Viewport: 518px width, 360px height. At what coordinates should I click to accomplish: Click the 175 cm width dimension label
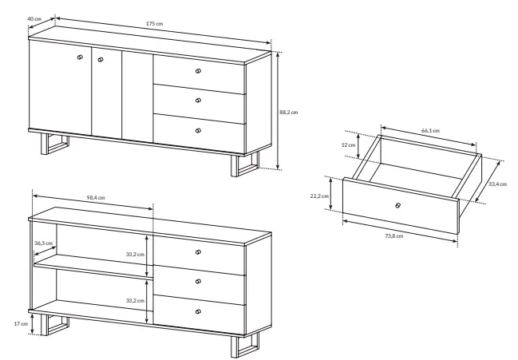154,24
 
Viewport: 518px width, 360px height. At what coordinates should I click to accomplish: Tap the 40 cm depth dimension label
34,19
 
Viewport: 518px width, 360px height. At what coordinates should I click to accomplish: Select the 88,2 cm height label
288,113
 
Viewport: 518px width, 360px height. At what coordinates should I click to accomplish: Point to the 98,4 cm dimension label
96,198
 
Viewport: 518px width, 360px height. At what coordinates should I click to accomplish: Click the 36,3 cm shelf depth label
44,243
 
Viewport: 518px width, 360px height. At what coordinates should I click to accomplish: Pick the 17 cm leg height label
21,323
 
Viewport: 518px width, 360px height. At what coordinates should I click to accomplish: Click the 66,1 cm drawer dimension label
430,130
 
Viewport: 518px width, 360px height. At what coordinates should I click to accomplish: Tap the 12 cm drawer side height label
348,145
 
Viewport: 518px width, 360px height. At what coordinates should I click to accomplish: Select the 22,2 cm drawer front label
319,196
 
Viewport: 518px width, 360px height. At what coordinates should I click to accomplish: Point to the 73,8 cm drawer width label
393,235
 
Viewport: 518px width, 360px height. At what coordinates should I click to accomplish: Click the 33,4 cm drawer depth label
497,184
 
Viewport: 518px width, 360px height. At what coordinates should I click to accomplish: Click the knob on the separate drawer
398,205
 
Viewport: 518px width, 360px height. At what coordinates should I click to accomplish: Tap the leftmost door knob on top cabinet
80,57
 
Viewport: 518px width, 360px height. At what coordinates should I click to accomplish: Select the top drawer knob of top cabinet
198,71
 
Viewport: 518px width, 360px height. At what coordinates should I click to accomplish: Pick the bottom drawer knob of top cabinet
198,130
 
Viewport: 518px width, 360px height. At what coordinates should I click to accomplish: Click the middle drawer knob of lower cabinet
198,282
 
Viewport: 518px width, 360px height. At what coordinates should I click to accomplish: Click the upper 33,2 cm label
135,255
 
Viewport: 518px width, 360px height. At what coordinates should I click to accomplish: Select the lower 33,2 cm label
135,301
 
